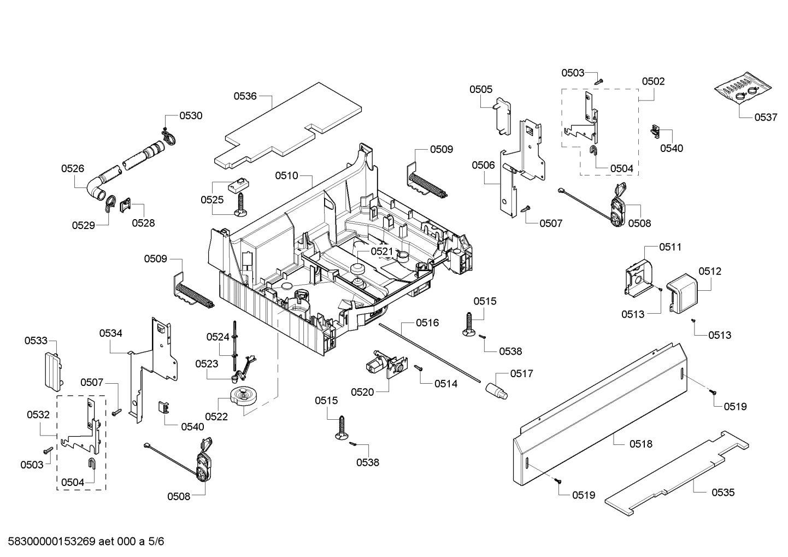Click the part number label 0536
click(245, 96)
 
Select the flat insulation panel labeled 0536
click(290, 126)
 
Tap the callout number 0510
click(286, 175)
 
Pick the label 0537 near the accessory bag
click(766, 117)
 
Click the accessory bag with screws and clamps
click(743, 90)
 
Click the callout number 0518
click(641, 444)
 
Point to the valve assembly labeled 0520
click(386, 366)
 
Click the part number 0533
click(36, 341)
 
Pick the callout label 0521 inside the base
click(381, 251)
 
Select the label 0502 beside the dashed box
click(653, 81)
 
